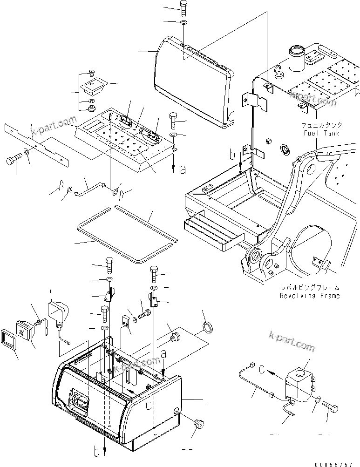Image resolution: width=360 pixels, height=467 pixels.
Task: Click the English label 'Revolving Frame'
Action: coord(309,296)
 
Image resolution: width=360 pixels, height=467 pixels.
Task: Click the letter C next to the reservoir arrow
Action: coord(262,371)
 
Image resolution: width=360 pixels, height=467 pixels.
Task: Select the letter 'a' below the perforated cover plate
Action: coord(183,170)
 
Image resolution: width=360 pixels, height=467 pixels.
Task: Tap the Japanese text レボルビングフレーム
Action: coord(309,288)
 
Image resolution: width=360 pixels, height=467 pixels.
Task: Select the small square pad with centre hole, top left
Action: coord(94,86)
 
